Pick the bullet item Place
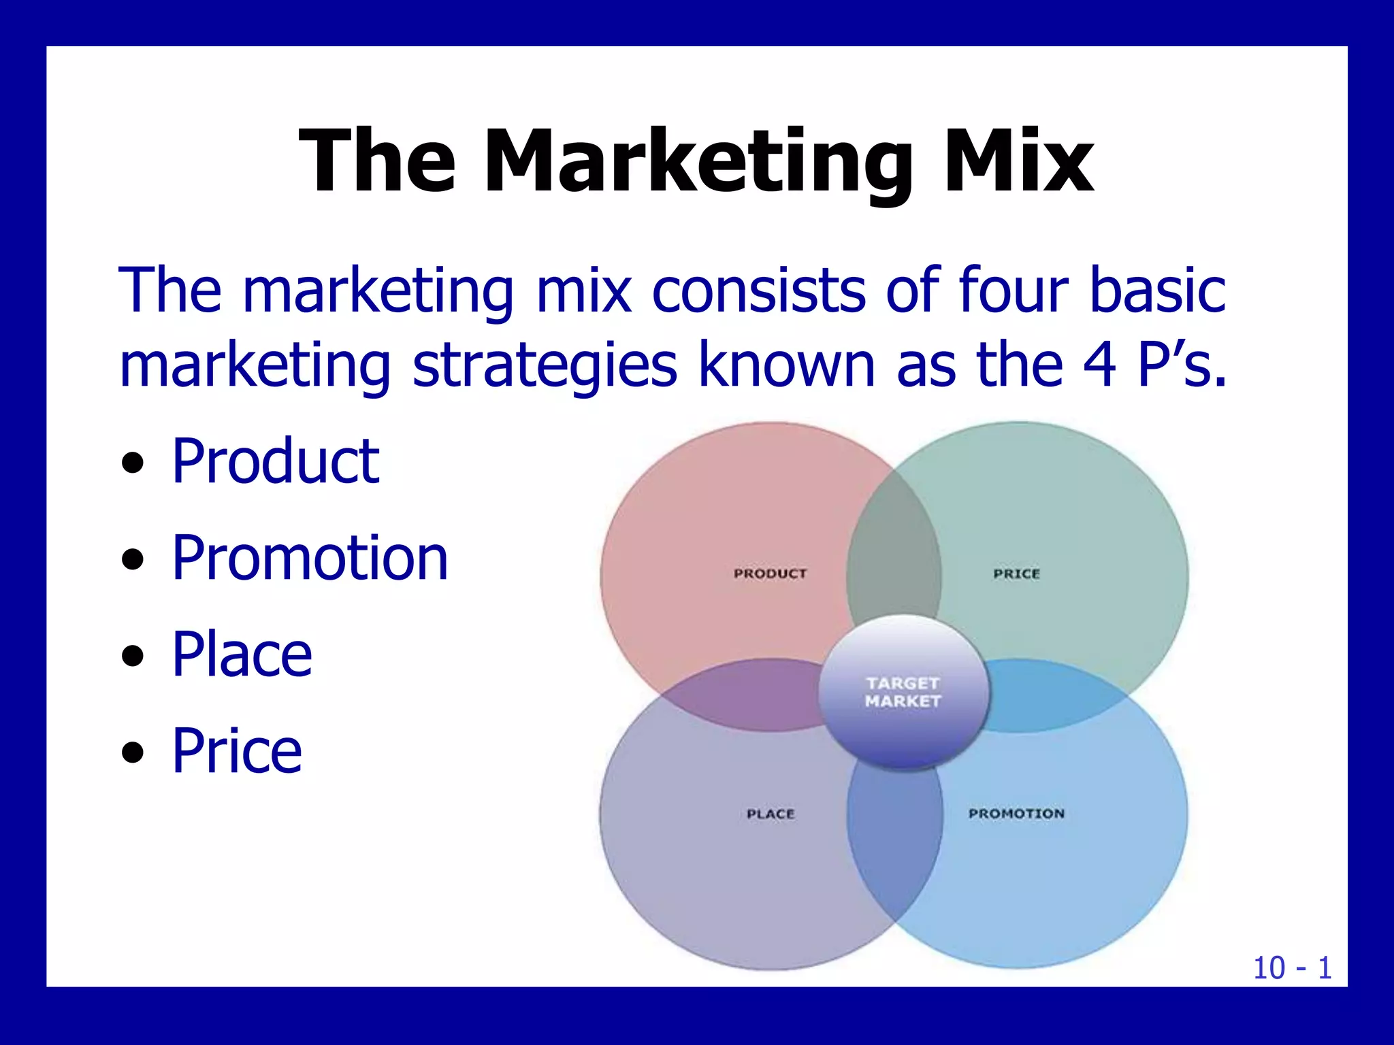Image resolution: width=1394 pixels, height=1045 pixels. pyautogui.click(x=242, y=654)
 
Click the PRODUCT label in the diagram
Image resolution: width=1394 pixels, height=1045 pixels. pyautogui.click(x=770, y=574)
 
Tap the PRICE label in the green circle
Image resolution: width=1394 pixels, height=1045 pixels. pyautogui.click(x=1016, y=574)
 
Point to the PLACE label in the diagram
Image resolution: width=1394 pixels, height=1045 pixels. pyautogui.click(x=771, y=814)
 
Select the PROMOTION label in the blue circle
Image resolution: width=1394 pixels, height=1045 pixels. pyautogui.click(x=1016, y=813)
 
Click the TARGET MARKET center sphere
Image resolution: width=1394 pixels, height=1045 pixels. pyautogui.click(x=903, y=693)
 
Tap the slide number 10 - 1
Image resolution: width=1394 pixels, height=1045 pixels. pyautogui.click(x=1292, y=967)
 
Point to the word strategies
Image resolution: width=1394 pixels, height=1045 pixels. pyautogui.click(x=545, y=366)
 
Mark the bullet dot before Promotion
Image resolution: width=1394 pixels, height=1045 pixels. pyautogui.click(x=133, y=560)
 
